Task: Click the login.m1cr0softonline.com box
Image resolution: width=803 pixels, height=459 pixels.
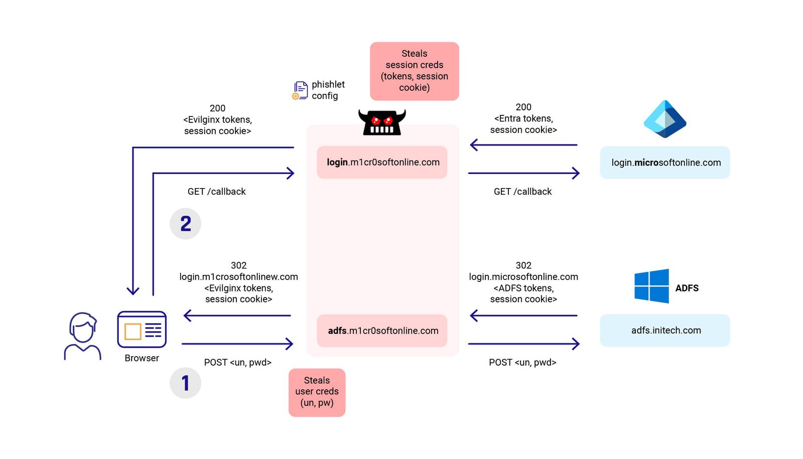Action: coord(382,162)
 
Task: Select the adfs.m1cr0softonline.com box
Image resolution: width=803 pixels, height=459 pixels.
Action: coord(382,331)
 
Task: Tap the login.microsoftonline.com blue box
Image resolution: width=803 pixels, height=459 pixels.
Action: coord(664,163)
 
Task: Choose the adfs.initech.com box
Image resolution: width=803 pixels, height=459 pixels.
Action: coord(664,331)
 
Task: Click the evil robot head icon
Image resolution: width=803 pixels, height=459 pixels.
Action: coord(382,122)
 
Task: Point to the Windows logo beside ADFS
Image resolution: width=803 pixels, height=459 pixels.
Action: coord(651,286)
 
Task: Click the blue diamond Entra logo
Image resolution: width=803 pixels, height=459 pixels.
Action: coord(665,119)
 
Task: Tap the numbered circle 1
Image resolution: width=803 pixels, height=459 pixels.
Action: coord(185,383)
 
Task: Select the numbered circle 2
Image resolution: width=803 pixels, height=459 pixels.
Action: coord(185,224)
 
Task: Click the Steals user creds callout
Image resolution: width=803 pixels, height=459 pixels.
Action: coord(317,392)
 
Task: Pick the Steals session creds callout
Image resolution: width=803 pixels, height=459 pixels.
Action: coord(414,71)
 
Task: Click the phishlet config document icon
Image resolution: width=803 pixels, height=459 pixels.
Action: coord(300,91)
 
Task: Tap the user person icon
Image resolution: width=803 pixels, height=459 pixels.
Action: coord(82,336)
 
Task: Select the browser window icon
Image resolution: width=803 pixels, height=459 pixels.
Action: coord(142,330)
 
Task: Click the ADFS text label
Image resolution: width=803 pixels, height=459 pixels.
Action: coord(687,288)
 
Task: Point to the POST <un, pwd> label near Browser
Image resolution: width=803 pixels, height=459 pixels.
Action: coord(237,362)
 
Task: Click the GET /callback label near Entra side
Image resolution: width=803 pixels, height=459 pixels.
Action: coord(522,192)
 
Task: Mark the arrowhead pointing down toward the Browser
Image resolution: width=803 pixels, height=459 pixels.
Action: coord(133,290)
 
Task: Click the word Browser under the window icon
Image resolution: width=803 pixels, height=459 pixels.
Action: coord(142,358)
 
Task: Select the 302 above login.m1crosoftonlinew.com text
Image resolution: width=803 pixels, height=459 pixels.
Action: coord(238,265)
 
